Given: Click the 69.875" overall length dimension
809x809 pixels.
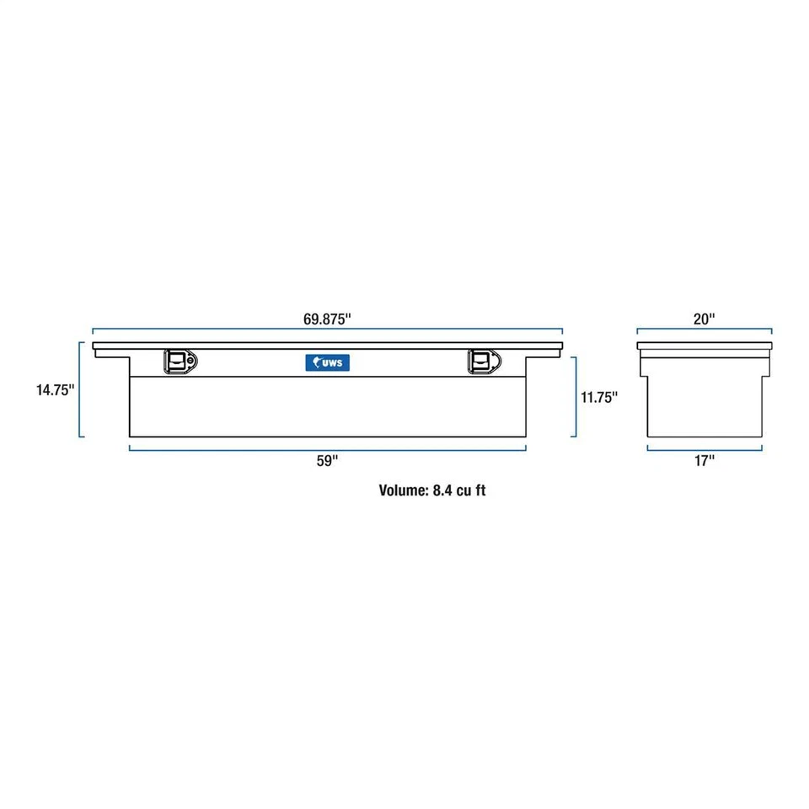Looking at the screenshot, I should pyautogui.click(x=327, y=319).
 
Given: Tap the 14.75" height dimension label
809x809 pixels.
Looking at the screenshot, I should pyautogui.click(x=55, y=389).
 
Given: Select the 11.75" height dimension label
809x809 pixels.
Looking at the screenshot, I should pyautogui.click(x=598, y=396).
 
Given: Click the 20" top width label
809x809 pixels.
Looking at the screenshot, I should pyautogui.click(x=704, y=319).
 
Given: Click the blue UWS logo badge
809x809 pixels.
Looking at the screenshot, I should pyautogui.click(x=328, y=362).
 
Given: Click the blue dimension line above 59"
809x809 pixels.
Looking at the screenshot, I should pyautogui.click(x=328, y=448).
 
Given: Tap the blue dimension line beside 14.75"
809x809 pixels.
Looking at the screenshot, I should pyautogui.click(x=81, y=389).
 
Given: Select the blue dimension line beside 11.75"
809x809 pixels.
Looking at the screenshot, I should pyautogui.click(x=576, y=396).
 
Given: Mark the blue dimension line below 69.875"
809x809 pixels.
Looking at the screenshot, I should pyautogui.click(x=327, y=330).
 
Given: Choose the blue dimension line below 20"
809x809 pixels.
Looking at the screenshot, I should pyautogui.click(x=704, y=330).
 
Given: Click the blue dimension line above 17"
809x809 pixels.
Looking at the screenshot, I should pyautogui.click(x=704, y=448).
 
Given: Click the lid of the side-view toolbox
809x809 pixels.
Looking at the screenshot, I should pyautogui.click(x=704, y=346).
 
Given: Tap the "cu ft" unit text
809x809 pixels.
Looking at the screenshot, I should pyautogui.click(x=469, y=490).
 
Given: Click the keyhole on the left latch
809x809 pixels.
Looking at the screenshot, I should pyautogui.click(x=191, y=362).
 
